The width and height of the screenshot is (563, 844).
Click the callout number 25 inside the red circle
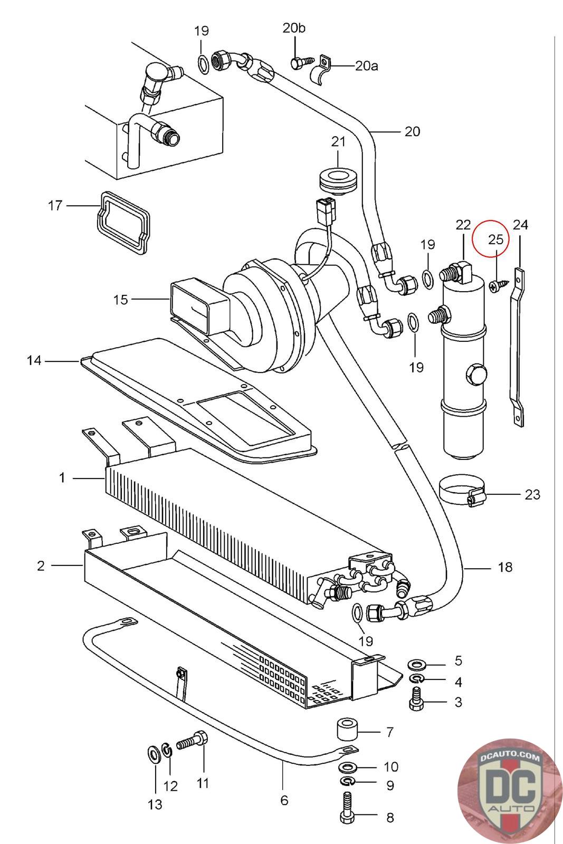[x=495, y=239]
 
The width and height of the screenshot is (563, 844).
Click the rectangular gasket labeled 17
[x=122, y=222]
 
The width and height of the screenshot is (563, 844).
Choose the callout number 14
[x=34, y=361]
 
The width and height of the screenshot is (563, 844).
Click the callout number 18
[x=505, y=567]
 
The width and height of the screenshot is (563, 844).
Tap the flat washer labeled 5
[x=419, y=663]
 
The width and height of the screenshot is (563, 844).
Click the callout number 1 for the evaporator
[x=62, y=478]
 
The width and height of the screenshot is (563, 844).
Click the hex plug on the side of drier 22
[x=473, y=375]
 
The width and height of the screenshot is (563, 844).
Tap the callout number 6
[x=284, y=800]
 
